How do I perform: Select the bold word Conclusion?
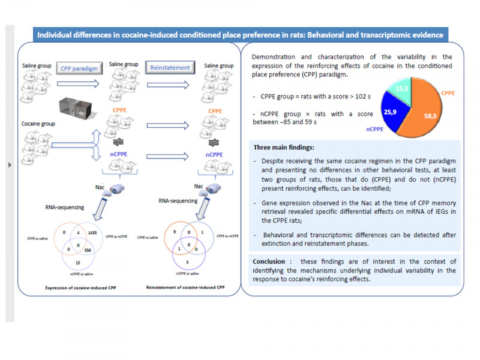point(269,262)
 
